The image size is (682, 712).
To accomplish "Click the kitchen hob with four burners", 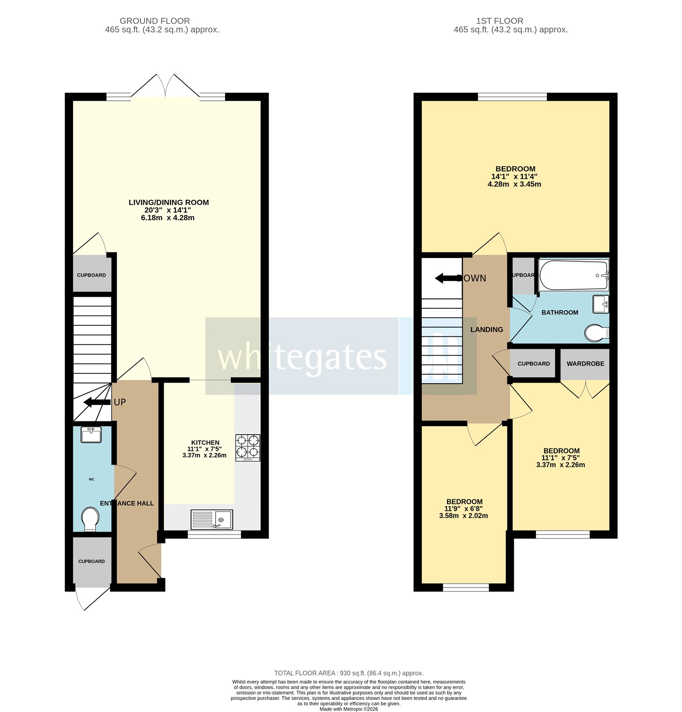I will click(x=248, y=447).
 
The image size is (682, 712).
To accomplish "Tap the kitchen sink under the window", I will click(x=211, y=519).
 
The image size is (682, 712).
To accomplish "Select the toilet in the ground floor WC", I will click(x=91, y=519).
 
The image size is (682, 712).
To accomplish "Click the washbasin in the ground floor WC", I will click(x=91, y=434).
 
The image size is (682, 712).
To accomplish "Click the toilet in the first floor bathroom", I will click(x=596, y=332).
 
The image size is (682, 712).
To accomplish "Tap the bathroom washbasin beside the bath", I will click(x=600, y=304).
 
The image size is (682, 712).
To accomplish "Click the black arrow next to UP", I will click(x=97, y=402).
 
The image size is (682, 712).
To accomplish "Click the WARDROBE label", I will click(x=585, y=364).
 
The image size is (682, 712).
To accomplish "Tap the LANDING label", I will click(x=487, y=330).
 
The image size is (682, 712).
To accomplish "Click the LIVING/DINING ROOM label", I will click(x=169, y=202).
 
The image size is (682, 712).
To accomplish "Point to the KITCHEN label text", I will click(x=205, y=442).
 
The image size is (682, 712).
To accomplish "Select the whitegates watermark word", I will click(x=302, y=357).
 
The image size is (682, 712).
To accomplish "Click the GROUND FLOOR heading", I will click(x=154, y=21).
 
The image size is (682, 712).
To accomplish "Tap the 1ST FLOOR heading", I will click(x=499, y=21).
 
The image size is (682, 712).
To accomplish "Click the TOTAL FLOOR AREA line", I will click(x=348, y=673).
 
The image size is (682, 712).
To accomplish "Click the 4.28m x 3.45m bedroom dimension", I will click(x=514, y=184).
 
